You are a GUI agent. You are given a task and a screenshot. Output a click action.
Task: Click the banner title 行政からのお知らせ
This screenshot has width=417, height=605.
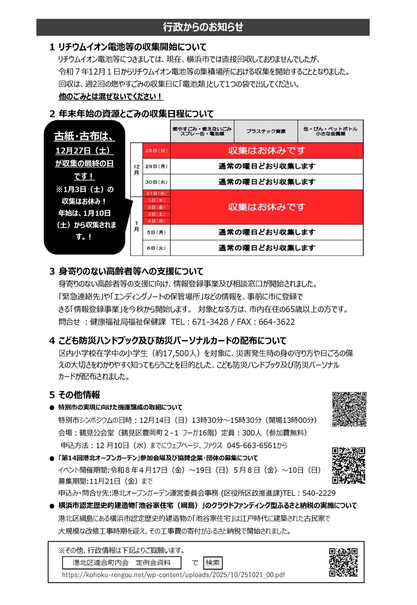point(203,27)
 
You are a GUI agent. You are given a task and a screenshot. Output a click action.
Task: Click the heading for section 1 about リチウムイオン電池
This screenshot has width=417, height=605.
point(128,47)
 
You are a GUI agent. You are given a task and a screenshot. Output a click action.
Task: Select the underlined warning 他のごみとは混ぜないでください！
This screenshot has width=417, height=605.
point(111,96)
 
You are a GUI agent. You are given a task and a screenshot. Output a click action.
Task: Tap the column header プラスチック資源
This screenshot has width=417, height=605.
point(266,131)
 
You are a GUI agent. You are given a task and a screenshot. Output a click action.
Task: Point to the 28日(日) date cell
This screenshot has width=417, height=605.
point(156,151)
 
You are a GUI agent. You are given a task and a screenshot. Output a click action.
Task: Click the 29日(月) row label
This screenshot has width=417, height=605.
point(156,166)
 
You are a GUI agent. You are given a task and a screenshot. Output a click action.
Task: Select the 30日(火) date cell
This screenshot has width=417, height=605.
point(156,182)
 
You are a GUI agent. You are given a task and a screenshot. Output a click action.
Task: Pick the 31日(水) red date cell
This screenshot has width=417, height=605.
point(156,193)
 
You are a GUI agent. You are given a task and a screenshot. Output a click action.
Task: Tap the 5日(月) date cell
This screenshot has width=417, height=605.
point(156,232)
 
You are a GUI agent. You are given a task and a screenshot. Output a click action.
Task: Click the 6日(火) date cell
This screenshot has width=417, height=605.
point(156,248)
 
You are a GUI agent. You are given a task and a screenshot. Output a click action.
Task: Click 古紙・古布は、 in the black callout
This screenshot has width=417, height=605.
point(84,136)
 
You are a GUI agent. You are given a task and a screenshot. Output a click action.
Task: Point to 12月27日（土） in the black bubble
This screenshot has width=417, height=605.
point(84,151)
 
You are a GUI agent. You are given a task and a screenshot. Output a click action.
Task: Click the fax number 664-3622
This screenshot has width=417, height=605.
point(277,322)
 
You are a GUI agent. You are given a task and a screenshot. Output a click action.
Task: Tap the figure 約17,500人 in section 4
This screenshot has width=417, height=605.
point(175,353)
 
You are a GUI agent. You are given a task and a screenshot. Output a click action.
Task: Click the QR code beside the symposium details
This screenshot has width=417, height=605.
point(349,409)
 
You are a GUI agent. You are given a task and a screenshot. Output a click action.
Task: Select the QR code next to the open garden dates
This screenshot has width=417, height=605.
point(349,465)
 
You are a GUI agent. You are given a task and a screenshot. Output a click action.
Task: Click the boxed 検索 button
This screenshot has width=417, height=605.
point(213,563)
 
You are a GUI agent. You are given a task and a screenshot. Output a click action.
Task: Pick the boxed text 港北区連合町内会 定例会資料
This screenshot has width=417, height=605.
point(122,563)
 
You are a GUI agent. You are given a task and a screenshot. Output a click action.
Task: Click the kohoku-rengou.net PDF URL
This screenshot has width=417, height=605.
point(173,575)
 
